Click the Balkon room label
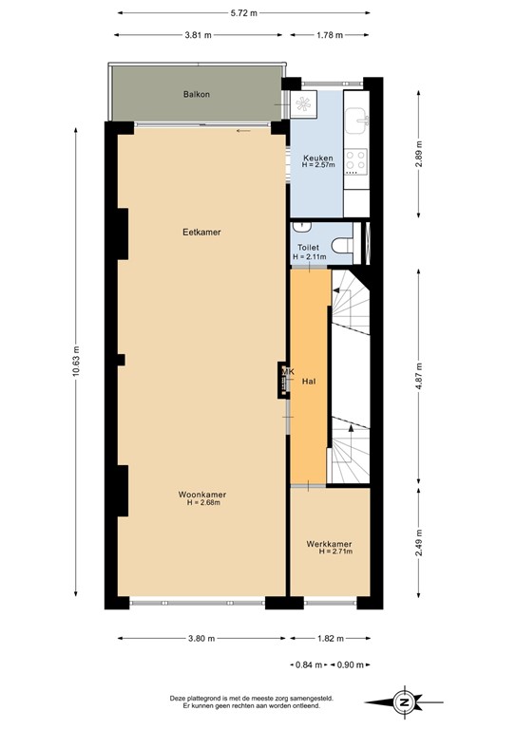[197, 95]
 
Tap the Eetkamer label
[197, 231]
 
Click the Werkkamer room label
[329, 544]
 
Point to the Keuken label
[316, 158]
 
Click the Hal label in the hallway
[308, 381]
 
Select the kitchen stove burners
[356, 161]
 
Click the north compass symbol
[405, 702]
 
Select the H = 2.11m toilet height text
[310, 256]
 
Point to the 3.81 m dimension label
[199, 35]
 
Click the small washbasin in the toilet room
[301, 227]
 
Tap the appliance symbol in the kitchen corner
[306, 104]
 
